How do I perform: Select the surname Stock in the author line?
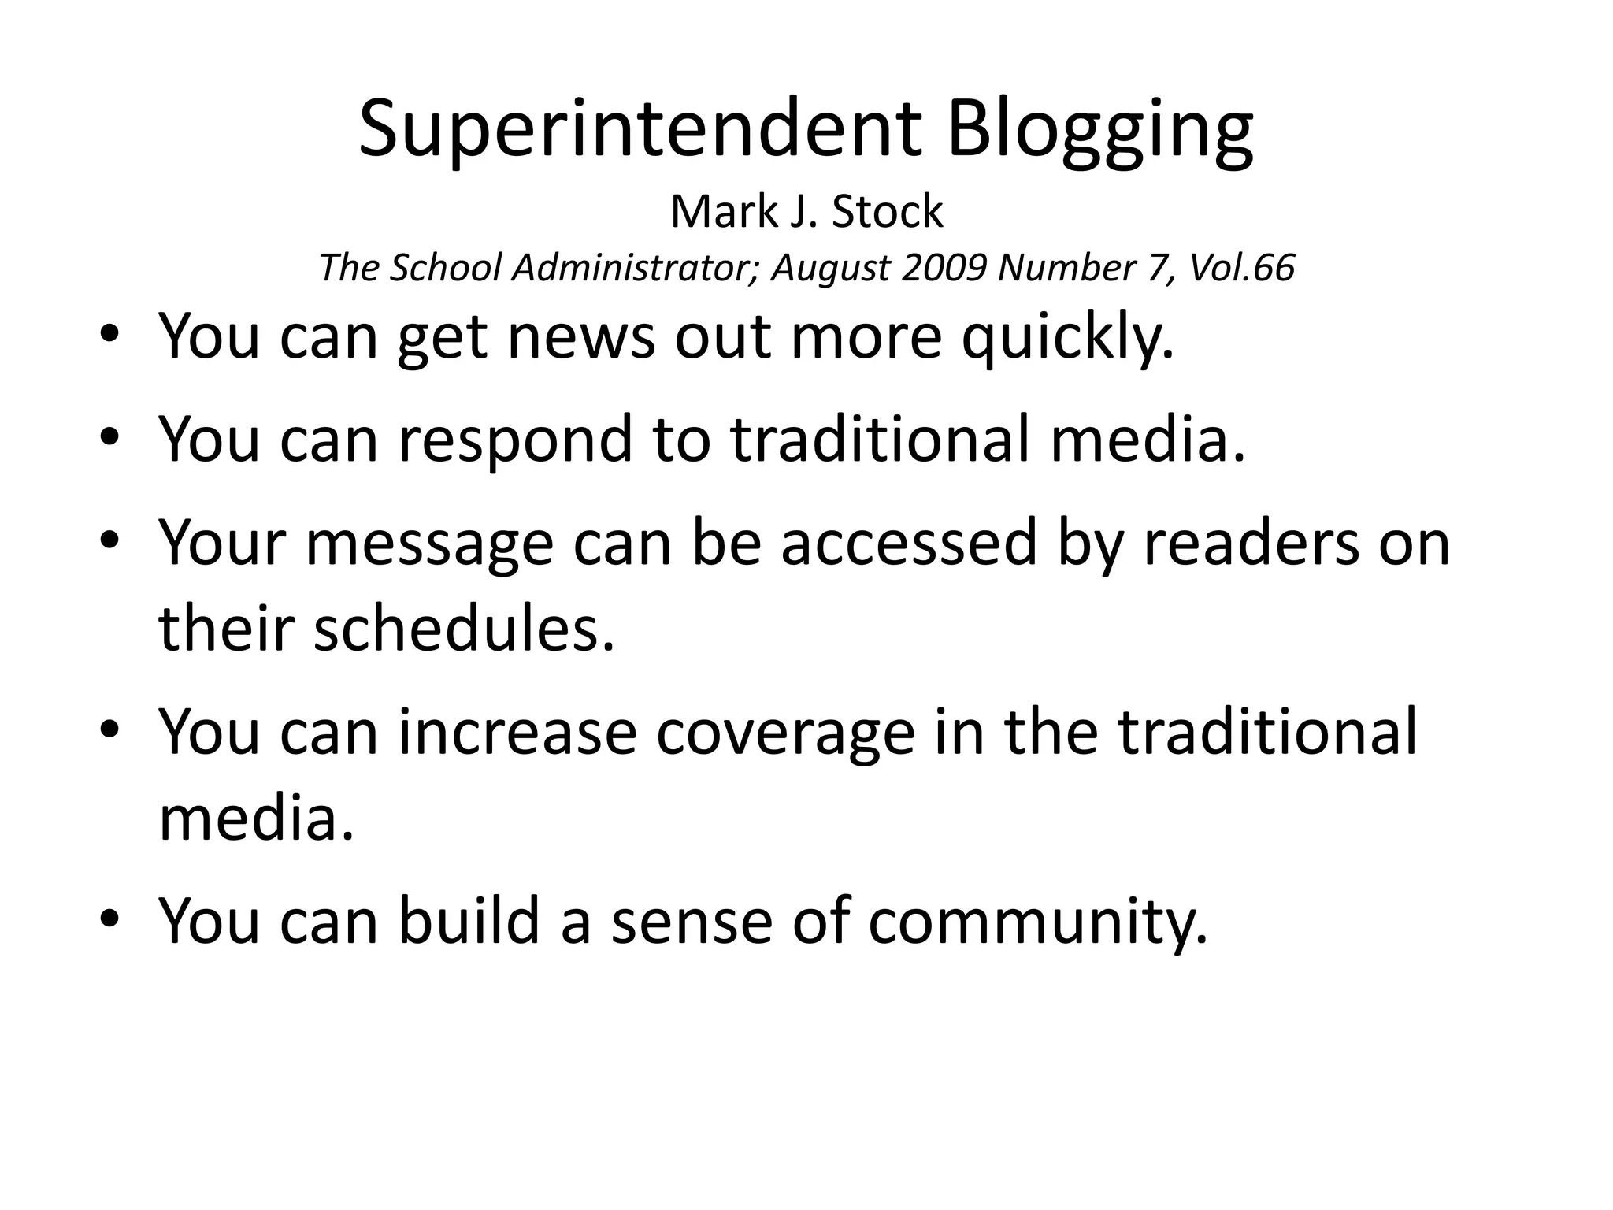tap(887, 212)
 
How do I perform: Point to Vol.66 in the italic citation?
tap(1241, 268)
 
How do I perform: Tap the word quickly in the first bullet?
tap(1066, 337)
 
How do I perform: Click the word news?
tap(581, 337)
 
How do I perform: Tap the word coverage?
tap(785, 732)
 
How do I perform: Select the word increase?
tap(517, 732)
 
